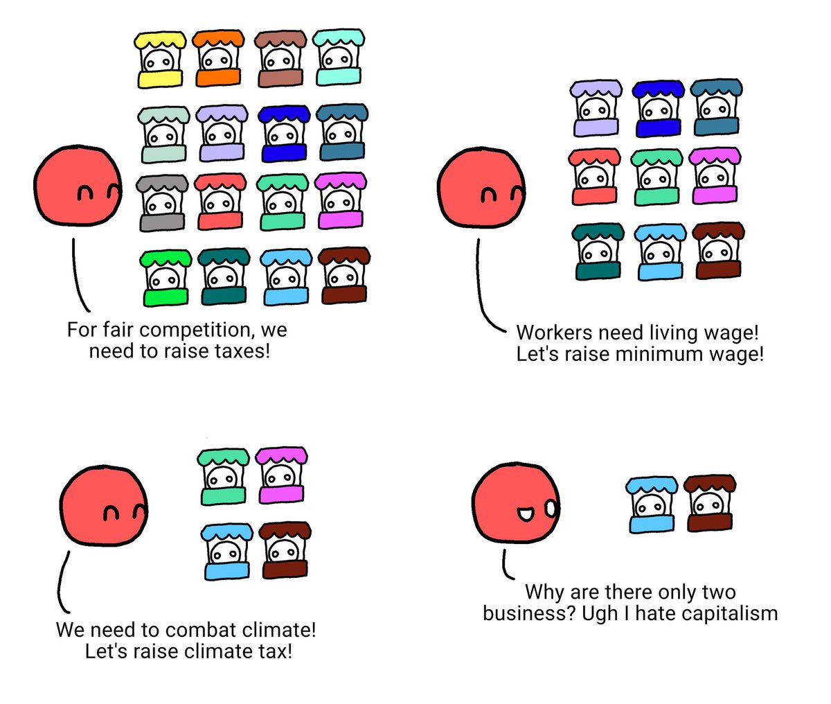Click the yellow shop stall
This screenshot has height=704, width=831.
pos(160,60)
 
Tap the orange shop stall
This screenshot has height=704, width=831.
pos(218,58)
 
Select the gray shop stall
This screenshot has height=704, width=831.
pos(162,203)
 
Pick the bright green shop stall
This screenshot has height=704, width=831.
pos(166,278)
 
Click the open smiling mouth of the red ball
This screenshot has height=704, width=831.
pos(526,514)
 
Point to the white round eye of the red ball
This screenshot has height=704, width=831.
pos(551,509)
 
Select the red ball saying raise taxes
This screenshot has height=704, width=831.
pos(78,186)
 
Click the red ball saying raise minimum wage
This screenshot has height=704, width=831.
pos(481,188)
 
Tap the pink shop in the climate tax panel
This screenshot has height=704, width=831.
pos(281,475)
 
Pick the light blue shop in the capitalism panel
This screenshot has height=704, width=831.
pos(652,505)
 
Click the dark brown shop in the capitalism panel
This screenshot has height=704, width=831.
pos(710,503)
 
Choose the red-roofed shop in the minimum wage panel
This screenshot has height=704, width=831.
pos(594,177)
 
